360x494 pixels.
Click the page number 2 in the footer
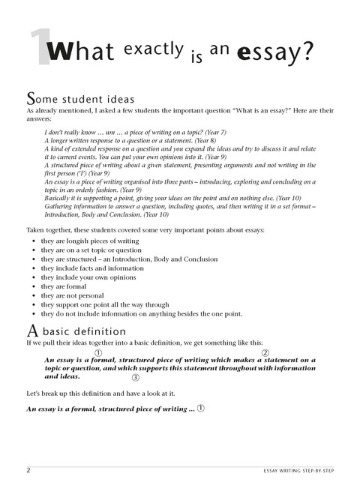click(x=28, y=471)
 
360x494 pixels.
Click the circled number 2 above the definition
click(x=265, y=352)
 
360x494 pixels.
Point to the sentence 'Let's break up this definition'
click(x=108, y=394)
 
